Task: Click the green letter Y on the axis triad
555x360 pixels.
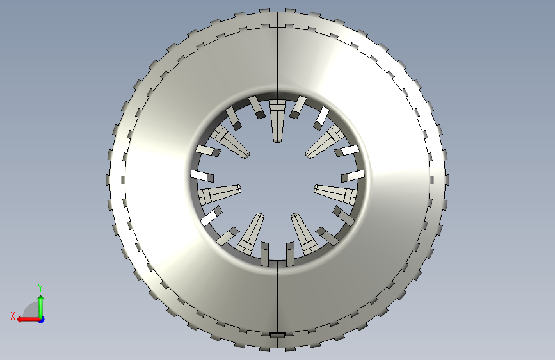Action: click(x=40, y=288)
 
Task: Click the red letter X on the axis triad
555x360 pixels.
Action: click(x=13, y=316)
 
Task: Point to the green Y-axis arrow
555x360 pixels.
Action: click(x=41, y=307)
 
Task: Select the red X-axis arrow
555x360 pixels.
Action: click(x=29, y=320)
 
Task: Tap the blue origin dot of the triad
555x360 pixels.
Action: click(x=42, y=320)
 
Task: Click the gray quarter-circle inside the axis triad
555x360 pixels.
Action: click(x=32, y=309)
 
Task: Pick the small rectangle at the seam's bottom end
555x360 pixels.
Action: click(x=278, y=335)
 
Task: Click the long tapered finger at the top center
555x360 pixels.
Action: click(x=277, y=121)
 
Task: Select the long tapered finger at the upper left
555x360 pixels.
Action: click(x=230, y=141)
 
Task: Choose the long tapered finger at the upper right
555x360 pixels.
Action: click(x=324, y=141)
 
